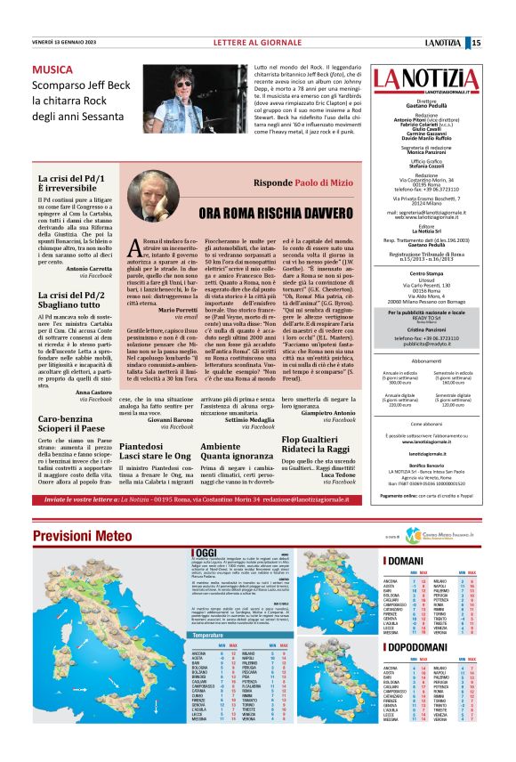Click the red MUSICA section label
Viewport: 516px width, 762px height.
click(53, 69)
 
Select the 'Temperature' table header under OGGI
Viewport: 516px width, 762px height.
click(208, 661)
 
